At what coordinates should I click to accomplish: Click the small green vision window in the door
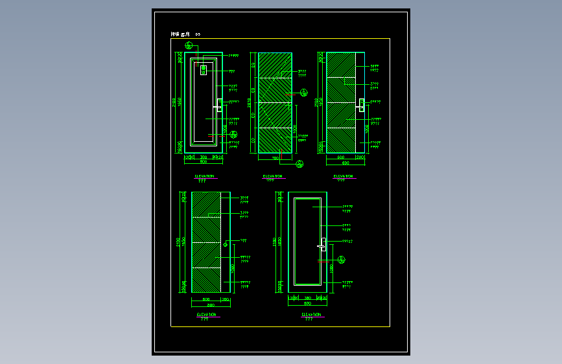tap(204, 69)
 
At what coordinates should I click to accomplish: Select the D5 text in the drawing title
tap(198, 34)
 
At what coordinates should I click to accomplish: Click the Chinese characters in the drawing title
tap(181, 34)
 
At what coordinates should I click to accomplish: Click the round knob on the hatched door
tap(225, 244)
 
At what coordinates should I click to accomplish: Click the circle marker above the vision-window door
tap(189, 45)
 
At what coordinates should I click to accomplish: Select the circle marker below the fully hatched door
tap(299, 164)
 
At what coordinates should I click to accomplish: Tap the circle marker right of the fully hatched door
tap(303, 91)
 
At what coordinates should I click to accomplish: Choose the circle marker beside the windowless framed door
tap(342, 260)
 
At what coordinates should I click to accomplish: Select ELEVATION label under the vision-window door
tap(204, 176)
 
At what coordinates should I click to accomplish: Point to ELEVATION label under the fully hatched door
tap(272, 176)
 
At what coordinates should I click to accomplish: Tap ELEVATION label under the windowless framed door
tap(311, 314)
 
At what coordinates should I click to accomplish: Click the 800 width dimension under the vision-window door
tap(203, 161)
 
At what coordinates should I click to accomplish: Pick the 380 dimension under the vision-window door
tap(203, 157)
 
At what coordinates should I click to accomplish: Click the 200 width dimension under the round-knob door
tap(226, 300)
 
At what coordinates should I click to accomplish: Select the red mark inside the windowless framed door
tap(322, 260)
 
